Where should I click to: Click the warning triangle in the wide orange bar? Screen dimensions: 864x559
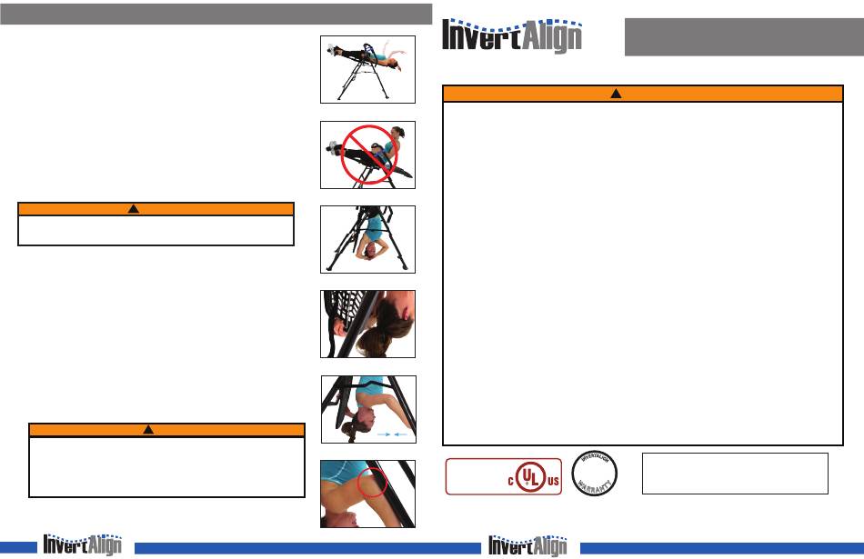(615, 94)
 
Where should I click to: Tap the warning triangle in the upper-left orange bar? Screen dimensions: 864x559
(133, 209)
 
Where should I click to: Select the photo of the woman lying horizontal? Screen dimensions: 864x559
(367, 68)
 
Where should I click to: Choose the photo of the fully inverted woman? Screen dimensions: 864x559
(367, 239)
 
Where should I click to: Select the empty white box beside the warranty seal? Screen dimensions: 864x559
(735, 474)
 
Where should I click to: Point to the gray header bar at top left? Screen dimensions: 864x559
(216, 14)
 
